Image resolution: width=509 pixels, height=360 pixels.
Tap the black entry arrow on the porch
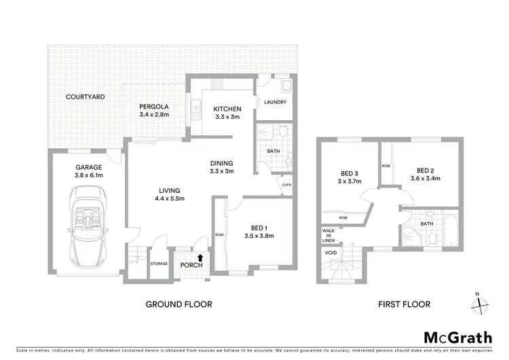tap(200, 257)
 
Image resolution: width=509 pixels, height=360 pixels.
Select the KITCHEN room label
tap(223, 109)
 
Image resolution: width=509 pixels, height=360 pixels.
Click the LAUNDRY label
tap(275, 103)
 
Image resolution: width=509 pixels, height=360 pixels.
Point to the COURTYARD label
tap(85, 97)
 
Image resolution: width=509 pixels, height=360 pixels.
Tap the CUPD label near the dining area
tap(288, 184)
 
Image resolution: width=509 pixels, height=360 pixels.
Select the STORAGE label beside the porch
tap(159, 264)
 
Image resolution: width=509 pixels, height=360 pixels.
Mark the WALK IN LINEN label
tap(328, 235)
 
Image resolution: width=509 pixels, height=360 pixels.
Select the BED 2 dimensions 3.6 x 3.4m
tap(425, 179)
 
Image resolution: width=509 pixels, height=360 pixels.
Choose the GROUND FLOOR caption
tap(179, 304)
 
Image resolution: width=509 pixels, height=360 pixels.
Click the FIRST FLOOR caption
tap(404, 304)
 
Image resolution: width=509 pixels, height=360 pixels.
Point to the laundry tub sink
tap(286, 86)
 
